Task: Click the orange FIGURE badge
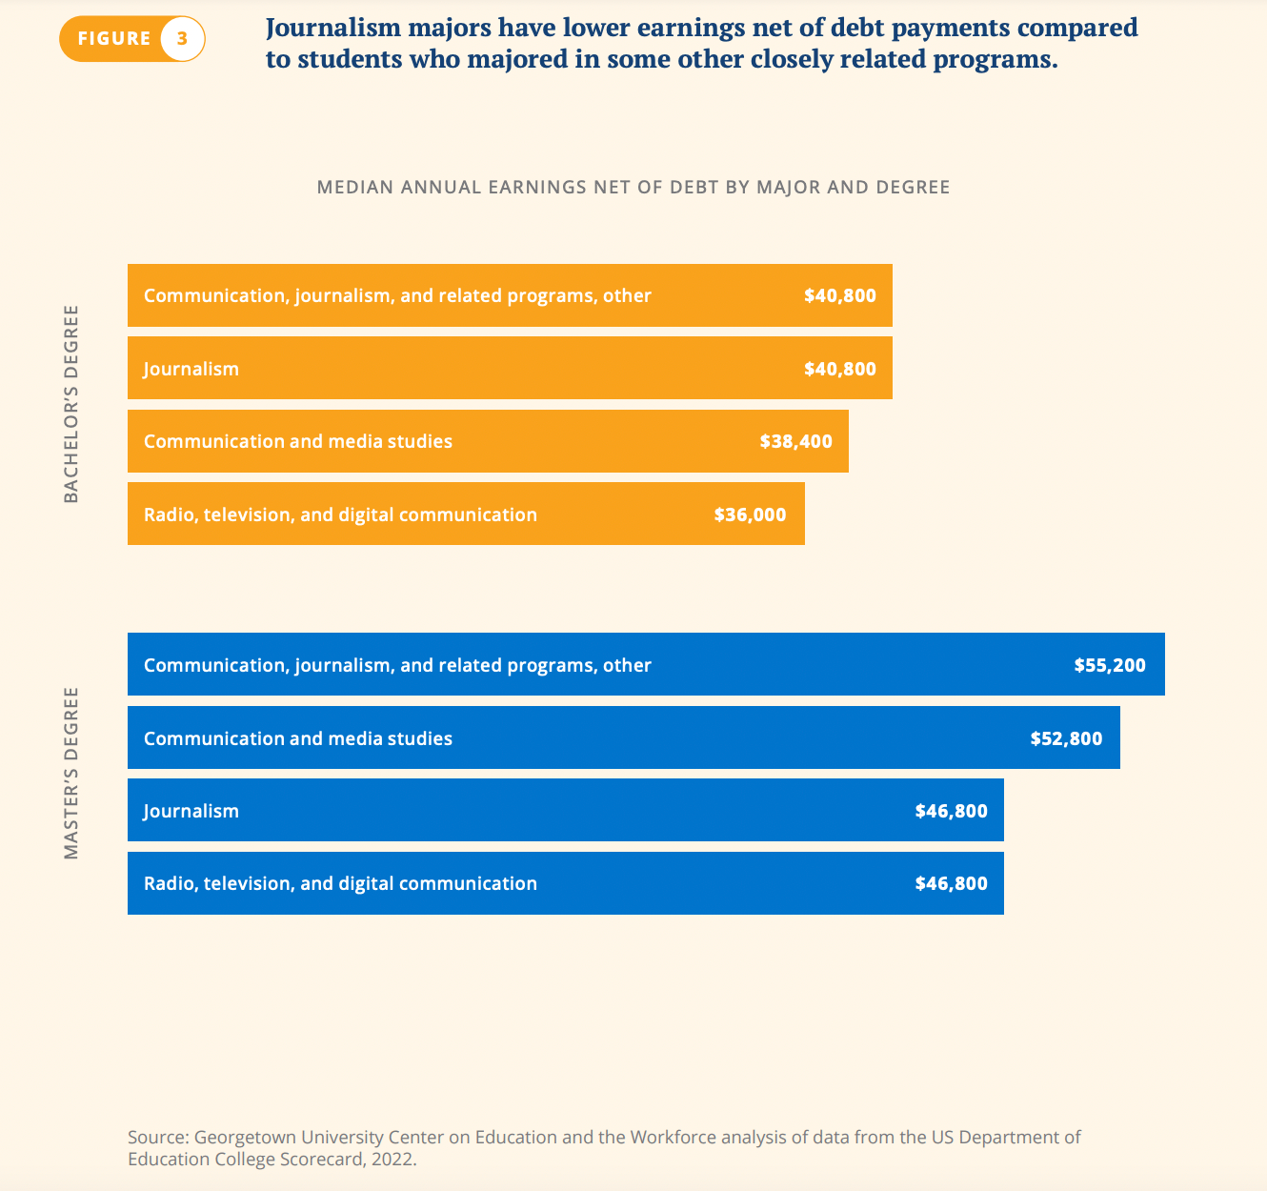click(x=114, y=39)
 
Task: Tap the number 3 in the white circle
click(x=182, y=39)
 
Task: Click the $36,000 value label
click(x=750, y=515)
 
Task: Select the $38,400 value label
click(x=795, y=441)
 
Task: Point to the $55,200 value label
click(x=1110, y=665)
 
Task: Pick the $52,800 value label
click(x=1066, y=738)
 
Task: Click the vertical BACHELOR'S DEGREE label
click(x=71, y=404)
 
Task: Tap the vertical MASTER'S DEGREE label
click(x=71, y=773)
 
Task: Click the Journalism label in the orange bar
click(x=191, y=369)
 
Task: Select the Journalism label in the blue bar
click(x=191, y=811)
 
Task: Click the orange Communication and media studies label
click(x=298, y=441)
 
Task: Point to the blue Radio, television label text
click(x=340, y=883)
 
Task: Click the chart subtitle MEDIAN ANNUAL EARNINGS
click(x=633, y=187)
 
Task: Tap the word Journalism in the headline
click(x=333, y=28)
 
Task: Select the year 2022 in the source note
click(x=395, y=1160)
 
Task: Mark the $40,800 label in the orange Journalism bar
click(x=839, y=369)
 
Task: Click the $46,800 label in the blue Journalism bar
click(x=951, y=811)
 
